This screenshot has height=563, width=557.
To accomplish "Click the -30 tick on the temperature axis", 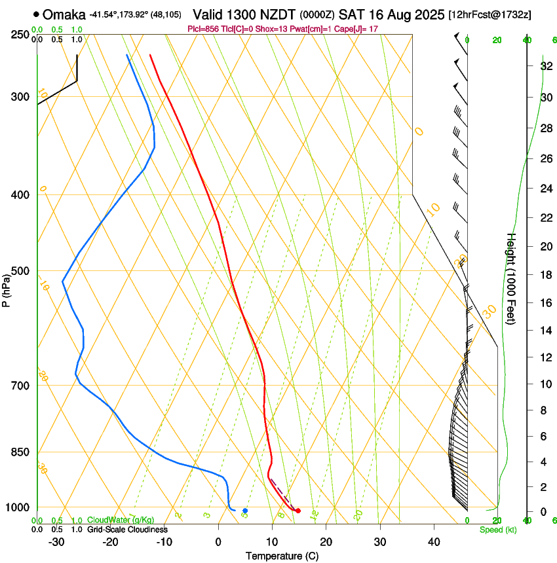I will [x=57, y=541].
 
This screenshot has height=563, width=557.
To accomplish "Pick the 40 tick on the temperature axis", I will [x=434, y=541].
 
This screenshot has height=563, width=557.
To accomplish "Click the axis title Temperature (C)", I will [x=282, y=556].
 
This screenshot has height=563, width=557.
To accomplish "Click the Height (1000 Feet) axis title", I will [x=512, y=278].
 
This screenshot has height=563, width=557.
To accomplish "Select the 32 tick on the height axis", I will [x=546, y=66].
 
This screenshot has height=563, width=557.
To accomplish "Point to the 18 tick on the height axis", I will [x=546, y=275].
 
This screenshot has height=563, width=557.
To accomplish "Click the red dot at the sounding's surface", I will [x=298, y=511].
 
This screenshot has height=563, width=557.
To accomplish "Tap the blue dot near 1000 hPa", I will [x=245, y=511].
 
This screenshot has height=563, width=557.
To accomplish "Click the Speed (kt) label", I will [x=497, y=530].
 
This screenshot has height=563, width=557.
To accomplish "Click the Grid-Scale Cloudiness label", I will [x=127, y=530].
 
